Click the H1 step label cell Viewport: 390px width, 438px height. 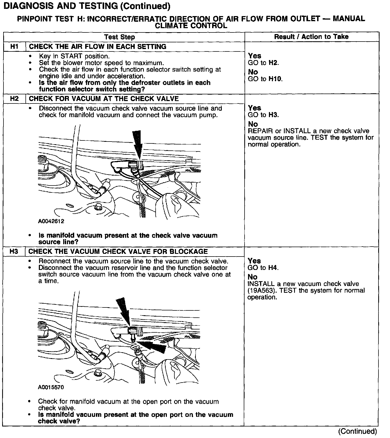click(x=14, y=47)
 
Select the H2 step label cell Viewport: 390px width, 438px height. click(x=14, y=99)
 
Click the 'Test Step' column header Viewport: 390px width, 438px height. click(x=119, y=37)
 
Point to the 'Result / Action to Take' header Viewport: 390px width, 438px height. click(x=311, y=37)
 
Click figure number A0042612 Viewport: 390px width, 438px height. click(x=51, y=221)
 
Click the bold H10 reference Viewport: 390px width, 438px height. click(x=276, y=79)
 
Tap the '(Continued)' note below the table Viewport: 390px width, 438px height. click(x=357, y=431)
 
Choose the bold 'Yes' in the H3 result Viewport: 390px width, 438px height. click(x=254, y=261)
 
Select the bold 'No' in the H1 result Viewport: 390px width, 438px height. click(x=253, y=72)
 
